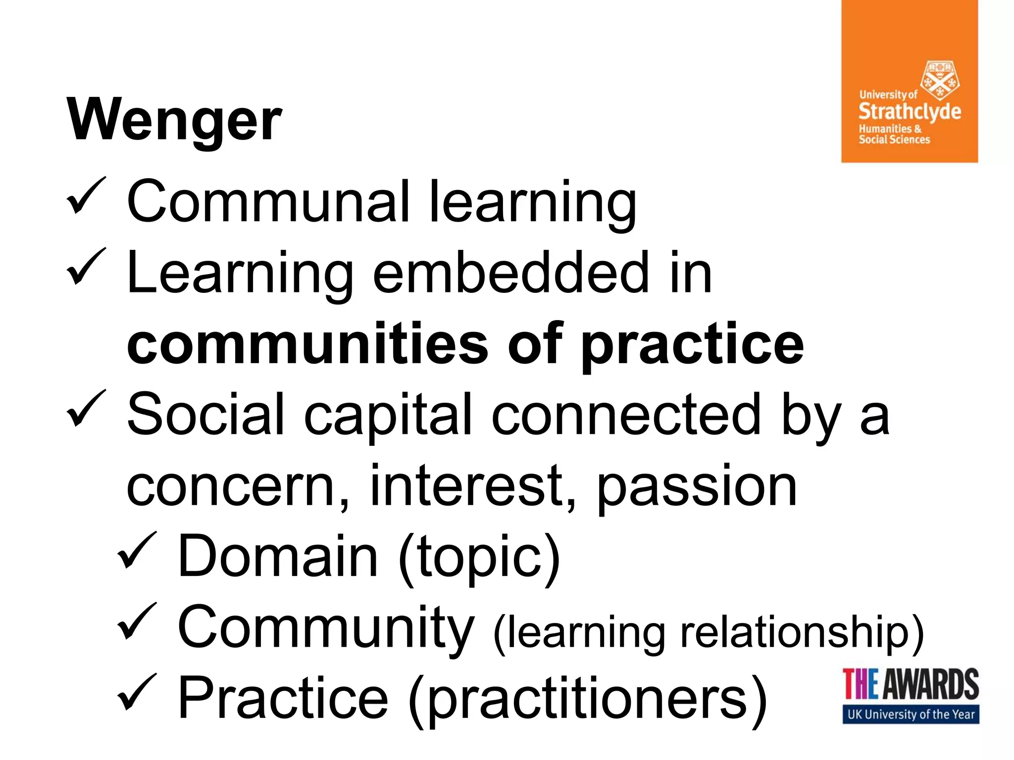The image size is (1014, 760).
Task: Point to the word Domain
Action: point(278,556)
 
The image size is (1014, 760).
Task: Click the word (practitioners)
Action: point(587,700)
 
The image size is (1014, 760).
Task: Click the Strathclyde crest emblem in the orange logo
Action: point(939,80)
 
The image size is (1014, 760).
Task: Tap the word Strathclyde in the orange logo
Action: point(910,111)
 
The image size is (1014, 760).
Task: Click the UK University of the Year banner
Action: point(911,714)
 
